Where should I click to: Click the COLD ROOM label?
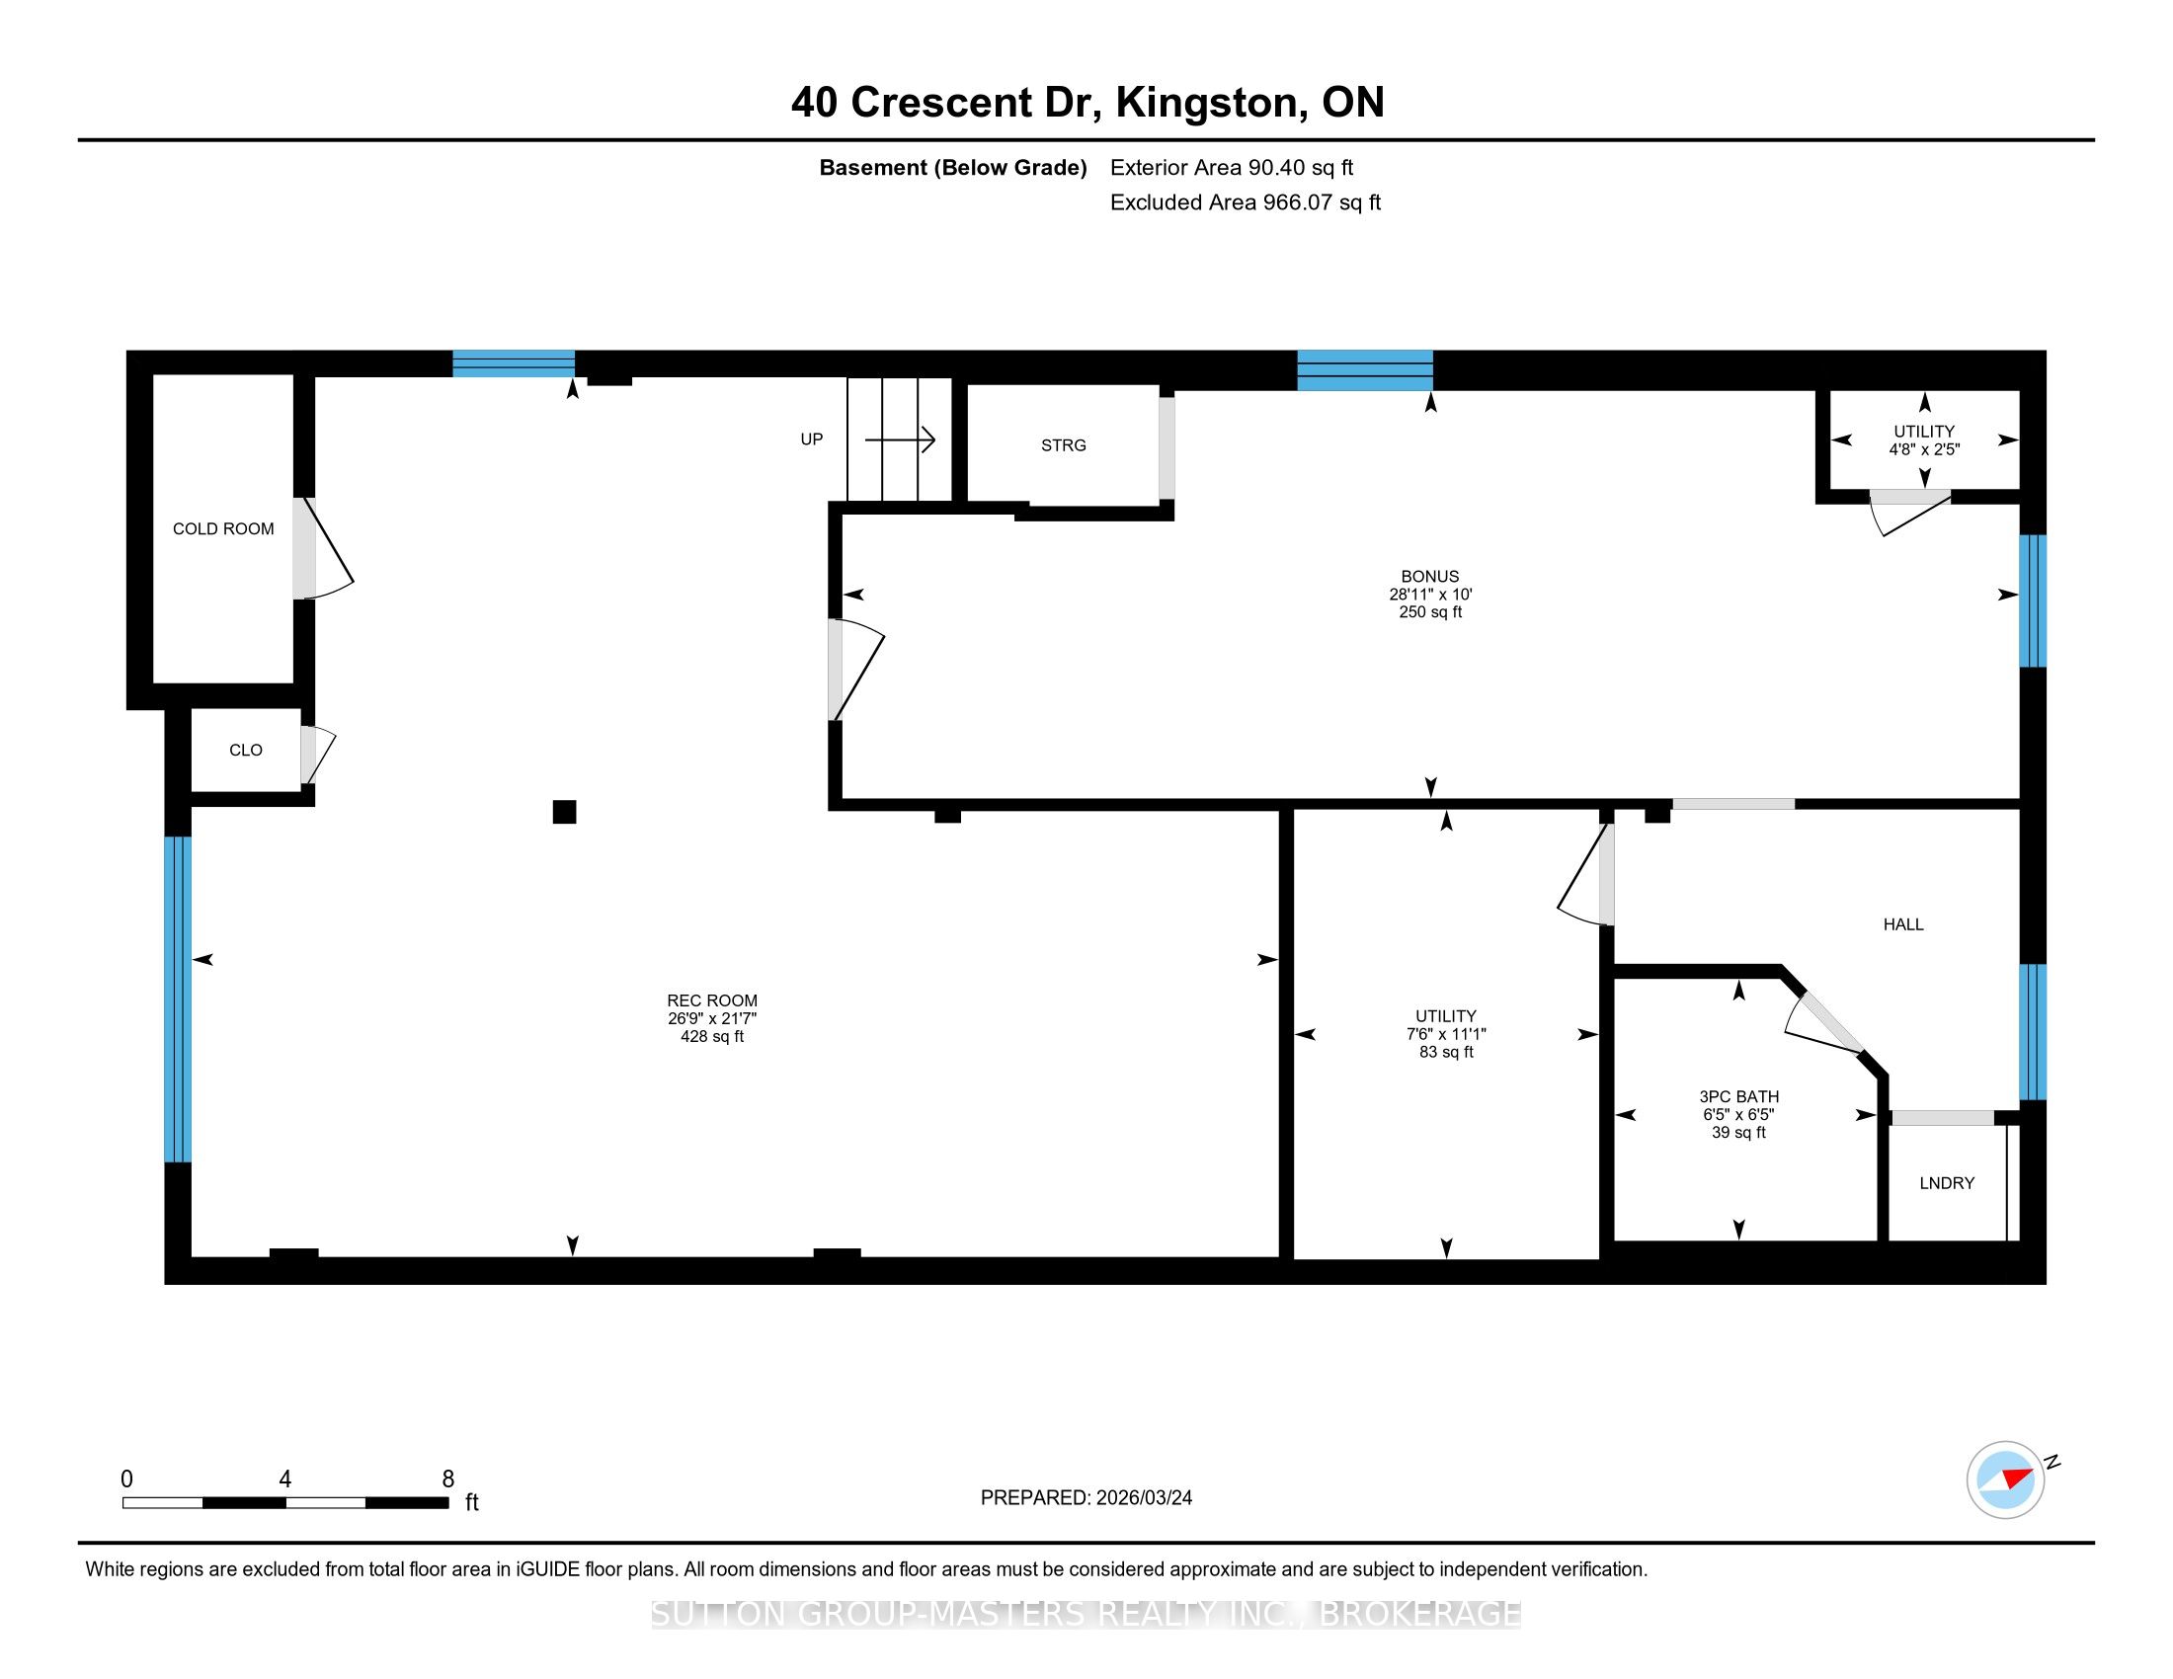click(x=223, y=529)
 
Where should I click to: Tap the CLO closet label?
click(x=246, y=750)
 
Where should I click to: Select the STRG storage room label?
click(x=1064, y=445)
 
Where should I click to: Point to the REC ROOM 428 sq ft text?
click(x=711, y=1036)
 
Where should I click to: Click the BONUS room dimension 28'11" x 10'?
click(x=1431, y=595)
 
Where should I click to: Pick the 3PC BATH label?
click(x=1738, y=1097)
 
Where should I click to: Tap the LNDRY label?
click(x=1946, y=1183)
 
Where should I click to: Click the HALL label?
click(x=1903, y=925)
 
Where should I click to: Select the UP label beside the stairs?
click(x=812, y=440)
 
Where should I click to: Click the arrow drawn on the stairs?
click(x=901, y=439)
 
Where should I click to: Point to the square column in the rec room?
click(x=564, y=813)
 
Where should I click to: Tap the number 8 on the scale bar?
click(x=447, y=1479)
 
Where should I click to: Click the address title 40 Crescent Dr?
click(x=946, y=103)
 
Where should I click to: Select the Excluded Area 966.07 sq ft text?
click(x=1246, y=202)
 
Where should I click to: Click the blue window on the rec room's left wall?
click(x=177, y=999)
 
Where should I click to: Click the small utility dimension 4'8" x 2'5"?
click(x=1924, y=449)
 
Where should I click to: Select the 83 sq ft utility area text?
click(x=1446, y=1053)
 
